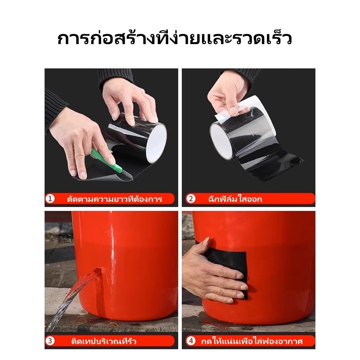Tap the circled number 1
[50, 198]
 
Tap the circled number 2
[191, 198]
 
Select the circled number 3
[50, 341]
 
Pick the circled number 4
[191, 341]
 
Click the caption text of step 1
[115, 199]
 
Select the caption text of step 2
[235, 199]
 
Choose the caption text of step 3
[104, 341]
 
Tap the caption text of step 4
[252, 341]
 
